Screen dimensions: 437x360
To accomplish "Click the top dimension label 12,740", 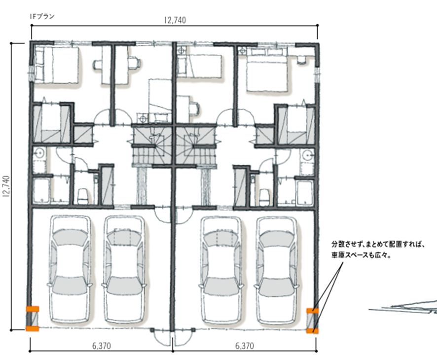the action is click(x=175, y=20).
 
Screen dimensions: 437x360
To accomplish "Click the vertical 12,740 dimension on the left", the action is click(x=6, y=186).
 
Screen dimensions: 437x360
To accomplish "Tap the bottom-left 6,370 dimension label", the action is click(x=102, y=346).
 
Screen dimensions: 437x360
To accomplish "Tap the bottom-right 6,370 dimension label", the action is click(x=245, y=346).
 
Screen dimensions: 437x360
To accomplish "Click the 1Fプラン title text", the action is click(x=42, y=16).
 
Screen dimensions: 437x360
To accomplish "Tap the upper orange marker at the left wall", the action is click(x=33, y=309).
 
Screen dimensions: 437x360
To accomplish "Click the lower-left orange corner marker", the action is click(x=33, y=328).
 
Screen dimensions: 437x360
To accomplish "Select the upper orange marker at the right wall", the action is click(x=312, y=311).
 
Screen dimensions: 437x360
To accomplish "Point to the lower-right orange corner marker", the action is click(x=312, y=331).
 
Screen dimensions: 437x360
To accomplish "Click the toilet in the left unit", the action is click(x=83, y=196).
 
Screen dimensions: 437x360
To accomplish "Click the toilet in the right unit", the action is click(x=264, y=197).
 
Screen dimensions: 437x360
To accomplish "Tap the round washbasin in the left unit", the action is click(x=39, y=153).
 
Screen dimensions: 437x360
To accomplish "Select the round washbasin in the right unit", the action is click(x=307, y=154).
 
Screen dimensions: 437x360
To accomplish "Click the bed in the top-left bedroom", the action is click(x=57, y=65).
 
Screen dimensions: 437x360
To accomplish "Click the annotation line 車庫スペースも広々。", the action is click(x=361, y=255).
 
